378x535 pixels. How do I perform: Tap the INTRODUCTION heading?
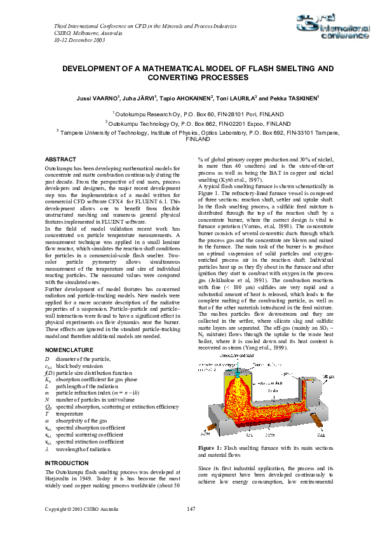(x=68, y=463)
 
